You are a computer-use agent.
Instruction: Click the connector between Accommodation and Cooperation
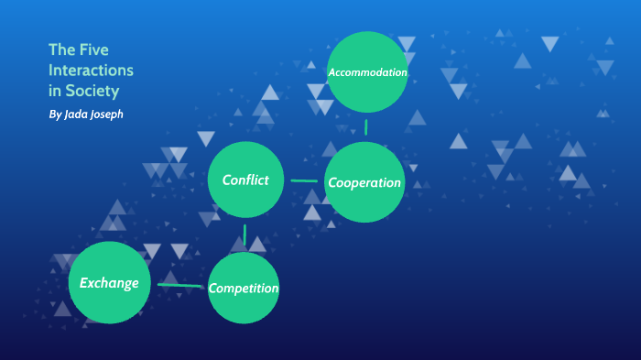click(366, 126)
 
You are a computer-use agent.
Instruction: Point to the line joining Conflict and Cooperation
click(304, 180)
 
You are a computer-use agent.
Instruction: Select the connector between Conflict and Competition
click(244, 235)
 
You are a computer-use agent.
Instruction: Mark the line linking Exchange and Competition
click(179, 285)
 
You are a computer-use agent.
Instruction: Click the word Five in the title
click(93, 49)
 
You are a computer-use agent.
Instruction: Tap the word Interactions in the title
click(91, 71)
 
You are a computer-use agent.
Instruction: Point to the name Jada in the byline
click(80, 115)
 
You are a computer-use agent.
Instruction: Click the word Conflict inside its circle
click(245, 180)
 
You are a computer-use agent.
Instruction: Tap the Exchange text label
click(109, 282)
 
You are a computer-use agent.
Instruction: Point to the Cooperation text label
click(364, 182)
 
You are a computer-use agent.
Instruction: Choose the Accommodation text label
click(367, 71)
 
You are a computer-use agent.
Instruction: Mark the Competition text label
click(243, 289)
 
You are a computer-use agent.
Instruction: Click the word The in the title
click(62, 49)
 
